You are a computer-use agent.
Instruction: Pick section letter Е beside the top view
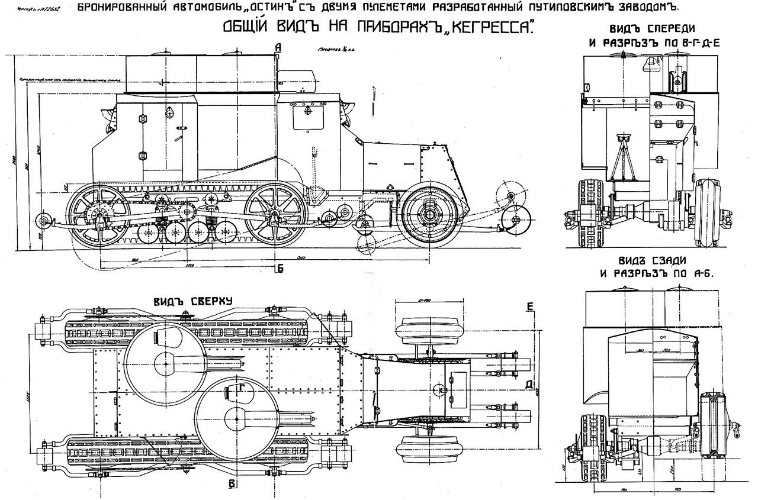[529, 306]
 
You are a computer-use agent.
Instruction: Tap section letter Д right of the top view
[529, 385]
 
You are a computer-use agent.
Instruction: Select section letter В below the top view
[232, 485]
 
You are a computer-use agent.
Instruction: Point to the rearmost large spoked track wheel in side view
[99, 215]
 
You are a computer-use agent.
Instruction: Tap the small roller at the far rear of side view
[42, 221]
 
